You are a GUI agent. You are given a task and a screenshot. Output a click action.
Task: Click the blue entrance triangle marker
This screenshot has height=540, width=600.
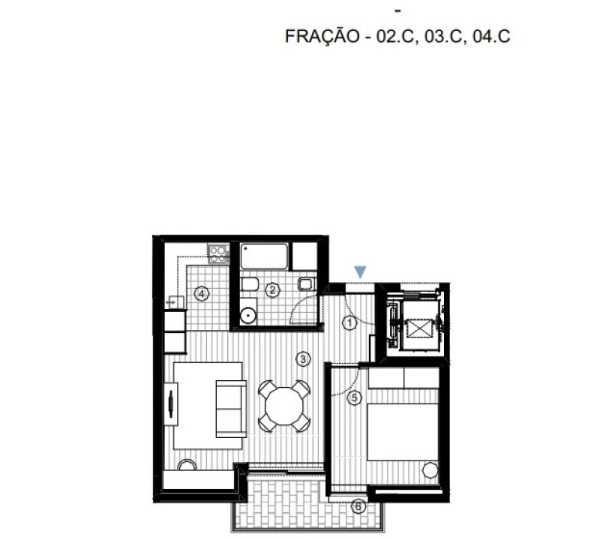point(360,271)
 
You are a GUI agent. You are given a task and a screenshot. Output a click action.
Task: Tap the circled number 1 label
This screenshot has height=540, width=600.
point(349,322)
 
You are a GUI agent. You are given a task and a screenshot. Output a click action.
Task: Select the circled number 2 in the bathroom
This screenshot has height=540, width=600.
point(272,289)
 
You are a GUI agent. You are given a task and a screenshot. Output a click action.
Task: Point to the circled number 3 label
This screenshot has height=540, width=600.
point(303,359)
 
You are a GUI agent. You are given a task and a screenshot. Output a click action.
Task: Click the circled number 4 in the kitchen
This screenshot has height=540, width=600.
point(202,294)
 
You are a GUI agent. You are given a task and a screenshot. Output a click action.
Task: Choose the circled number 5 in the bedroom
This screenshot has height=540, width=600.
point(354,397)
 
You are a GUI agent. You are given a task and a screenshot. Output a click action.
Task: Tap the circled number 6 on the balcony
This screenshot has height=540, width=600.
point(358,506)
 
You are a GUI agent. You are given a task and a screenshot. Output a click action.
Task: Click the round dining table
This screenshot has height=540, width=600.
point(284,406)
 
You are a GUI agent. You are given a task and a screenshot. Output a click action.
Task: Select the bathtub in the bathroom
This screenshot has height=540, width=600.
point(264,256)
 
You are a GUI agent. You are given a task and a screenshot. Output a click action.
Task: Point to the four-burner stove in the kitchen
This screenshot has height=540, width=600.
point(218,253)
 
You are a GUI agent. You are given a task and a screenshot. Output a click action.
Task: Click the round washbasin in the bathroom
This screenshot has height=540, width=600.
point(248,315)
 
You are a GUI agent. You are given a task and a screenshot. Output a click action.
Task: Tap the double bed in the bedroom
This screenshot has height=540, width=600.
point(403,432)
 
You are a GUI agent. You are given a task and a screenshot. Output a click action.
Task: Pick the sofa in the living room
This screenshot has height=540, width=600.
point(231,409)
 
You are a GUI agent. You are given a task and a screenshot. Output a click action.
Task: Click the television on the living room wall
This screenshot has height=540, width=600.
point(171,403)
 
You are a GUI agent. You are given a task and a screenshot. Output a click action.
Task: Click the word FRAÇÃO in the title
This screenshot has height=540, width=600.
point(322,36)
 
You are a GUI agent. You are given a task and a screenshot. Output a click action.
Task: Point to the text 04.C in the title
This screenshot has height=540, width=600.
point(492,36)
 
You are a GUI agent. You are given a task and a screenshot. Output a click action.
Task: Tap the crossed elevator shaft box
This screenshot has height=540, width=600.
point(418,328)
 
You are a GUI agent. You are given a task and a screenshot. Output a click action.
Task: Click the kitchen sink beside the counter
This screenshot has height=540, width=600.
point(175,302)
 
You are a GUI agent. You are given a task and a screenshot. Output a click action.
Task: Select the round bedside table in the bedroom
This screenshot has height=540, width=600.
point(430,470)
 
